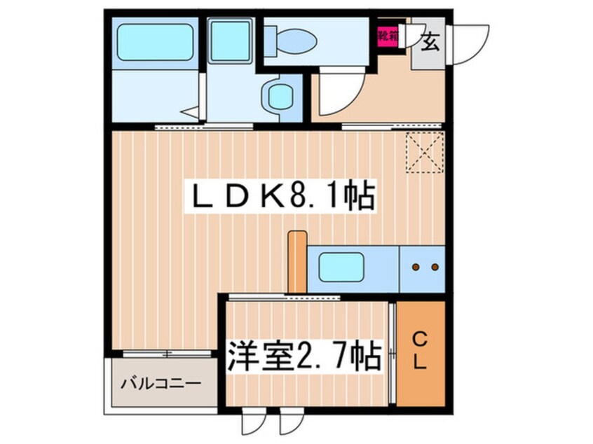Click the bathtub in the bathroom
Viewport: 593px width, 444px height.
click(155, 42)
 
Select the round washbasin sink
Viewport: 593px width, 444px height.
click(280, 96)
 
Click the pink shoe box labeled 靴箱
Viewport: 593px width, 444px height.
click(387, 36)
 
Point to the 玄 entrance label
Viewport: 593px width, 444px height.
click(430, 41)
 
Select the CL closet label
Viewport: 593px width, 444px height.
click(420, 352)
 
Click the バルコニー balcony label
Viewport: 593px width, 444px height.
click(161, 384)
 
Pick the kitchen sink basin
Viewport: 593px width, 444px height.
click(341, 267)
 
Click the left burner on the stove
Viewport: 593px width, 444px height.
click(416, 267)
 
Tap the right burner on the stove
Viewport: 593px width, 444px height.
click(435, 267)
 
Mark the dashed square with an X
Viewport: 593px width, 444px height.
click(424, 152)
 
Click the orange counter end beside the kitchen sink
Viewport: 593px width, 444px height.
click(297, 261)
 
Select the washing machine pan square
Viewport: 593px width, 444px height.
click(230, 41)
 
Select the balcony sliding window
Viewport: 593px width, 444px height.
click(167, 354)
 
